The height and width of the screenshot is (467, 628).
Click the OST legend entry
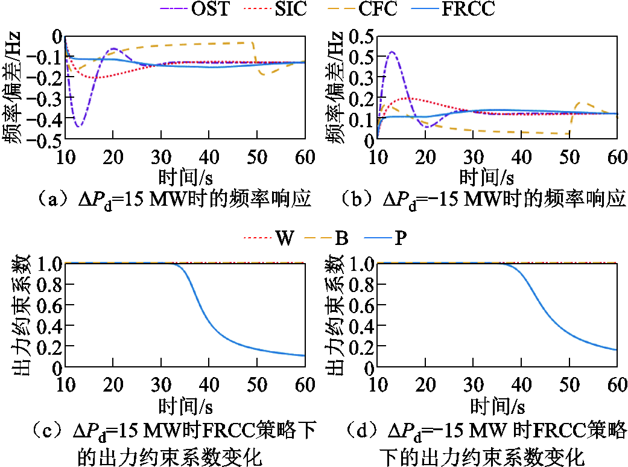coord(195,9)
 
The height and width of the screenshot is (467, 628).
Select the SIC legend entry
coord(275,9)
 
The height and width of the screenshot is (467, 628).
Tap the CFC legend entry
coord(363,9)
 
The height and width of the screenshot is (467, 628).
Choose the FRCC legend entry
coord(454,9)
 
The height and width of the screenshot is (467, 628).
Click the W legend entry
coord(269,238)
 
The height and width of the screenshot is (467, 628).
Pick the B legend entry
coord(326,238)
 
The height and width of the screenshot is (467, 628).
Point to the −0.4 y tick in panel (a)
coord(45,119)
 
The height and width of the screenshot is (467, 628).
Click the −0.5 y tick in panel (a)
coord(45,140)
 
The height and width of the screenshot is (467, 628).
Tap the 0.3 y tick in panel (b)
coord(361,78)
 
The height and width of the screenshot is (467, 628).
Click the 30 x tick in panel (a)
coord(161,157)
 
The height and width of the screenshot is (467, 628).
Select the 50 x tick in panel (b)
coord(569,157)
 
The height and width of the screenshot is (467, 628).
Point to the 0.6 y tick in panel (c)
coord(49,306)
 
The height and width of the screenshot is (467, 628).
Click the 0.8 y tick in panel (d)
coord(361,285)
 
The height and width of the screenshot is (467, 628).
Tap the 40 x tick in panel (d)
coord(521,385)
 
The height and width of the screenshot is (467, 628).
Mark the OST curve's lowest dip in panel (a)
coord(78,127)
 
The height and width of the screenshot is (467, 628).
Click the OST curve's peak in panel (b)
coord(392,51)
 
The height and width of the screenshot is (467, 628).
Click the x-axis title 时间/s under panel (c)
coord(185,406)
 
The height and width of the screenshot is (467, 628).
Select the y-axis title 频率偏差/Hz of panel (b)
coord(334,87)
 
